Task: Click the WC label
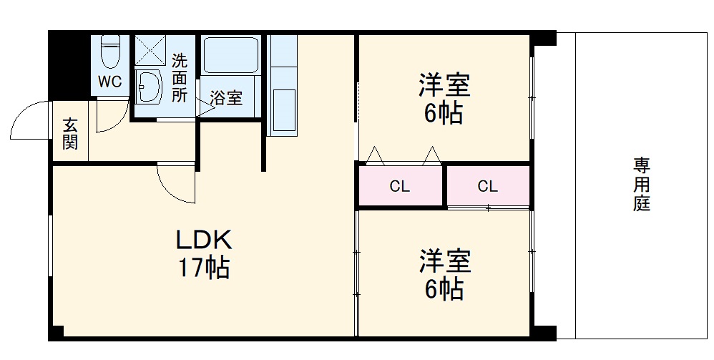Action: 110,82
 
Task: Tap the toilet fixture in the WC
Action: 110,51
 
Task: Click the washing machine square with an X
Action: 150,50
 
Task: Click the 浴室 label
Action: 226,98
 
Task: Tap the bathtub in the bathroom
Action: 231,54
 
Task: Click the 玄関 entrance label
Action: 70,133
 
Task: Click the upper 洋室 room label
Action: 444,85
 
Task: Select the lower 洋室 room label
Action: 444,261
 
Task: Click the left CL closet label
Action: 399,188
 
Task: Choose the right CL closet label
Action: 487,187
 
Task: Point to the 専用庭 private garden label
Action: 640,185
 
